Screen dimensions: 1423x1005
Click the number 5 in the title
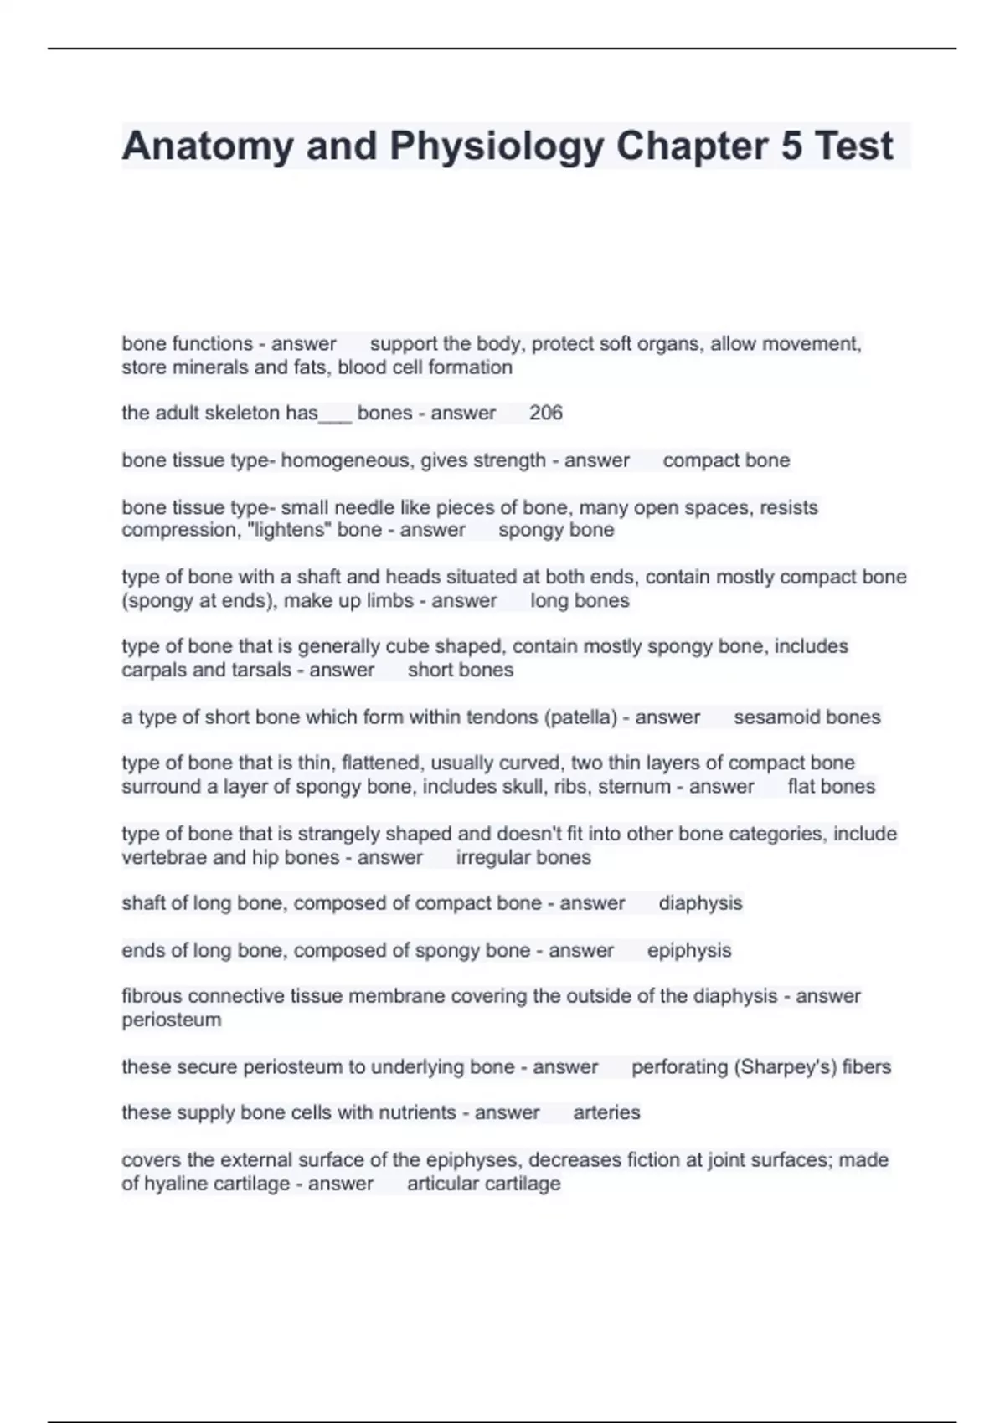pos(791,146)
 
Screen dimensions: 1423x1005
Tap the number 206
pos(546,413)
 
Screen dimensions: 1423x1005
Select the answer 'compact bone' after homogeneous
pos(726,460)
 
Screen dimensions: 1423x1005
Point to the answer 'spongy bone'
pos(556,530)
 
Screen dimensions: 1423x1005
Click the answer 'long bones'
pos(580,600)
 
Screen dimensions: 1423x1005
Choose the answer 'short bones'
pos(461,670)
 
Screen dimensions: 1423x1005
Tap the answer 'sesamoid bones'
pos(807,717)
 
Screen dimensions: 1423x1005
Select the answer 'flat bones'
pos(832,787)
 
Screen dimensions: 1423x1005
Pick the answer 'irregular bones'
pos(523,857)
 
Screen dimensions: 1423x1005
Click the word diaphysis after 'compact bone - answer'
pos(700,903)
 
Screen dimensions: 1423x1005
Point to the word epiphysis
pos(689,951)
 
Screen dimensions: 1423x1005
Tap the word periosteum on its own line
pos(172,1020)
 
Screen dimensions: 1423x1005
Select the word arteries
pos(606,1113)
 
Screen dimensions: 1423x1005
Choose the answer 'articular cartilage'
pos(484,1184)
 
